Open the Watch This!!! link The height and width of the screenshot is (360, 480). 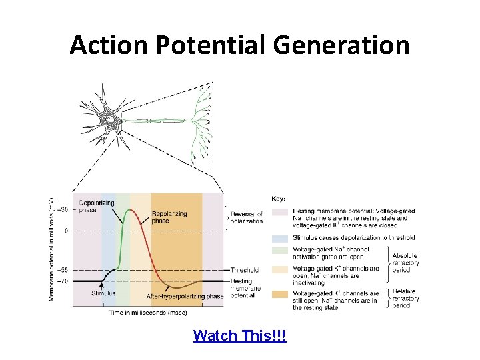coord(239,335)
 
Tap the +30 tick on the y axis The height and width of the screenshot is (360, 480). coord(62,209)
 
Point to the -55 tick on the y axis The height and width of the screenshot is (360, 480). coord(62,270)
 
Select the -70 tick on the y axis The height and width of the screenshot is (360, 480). coord(62,281)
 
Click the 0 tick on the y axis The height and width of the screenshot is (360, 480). coord(65,230)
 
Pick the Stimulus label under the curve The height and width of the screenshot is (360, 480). coord(103,293)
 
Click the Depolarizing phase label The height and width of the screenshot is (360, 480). coord(96,206)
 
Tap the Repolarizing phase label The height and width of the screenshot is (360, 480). coord(169,217)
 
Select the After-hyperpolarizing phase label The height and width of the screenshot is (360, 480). coord(185,296)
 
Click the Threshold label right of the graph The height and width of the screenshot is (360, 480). coord(245,270)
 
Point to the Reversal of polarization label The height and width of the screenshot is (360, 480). coord(247,217)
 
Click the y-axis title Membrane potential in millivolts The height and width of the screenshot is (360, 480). coord(51,249)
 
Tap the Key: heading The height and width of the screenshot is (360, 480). coord(279,199)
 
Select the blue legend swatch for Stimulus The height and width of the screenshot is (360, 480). coord(280,237)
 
